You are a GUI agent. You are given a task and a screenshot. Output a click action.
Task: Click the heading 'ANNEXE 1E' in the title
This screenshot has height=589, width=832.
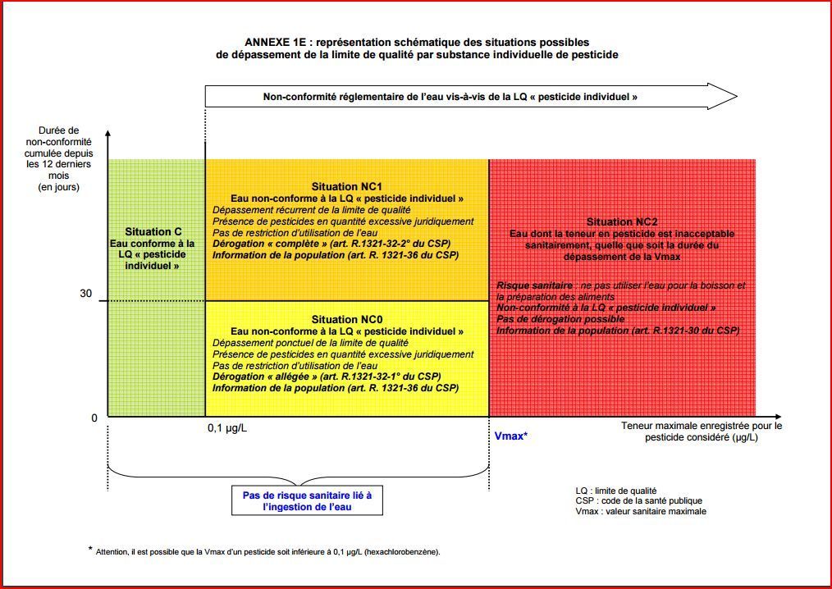click(x=279, y=42)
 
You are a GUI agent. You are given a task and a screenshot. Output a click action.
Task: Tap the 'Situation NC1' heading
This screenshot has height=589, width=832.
click(x=346, y=187)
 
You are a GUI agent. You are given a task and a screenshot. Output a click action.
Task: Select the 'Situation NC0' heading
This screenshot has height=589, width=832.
click(x=346, y=319)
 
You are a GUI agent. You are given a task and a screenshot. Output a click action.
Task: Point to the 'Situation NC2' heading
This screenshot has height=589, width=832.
click(x=621, y=222)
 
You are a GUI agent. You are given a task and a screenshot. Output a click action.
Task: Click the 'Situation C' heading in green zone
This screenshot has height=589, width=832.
click(x=153, y=232)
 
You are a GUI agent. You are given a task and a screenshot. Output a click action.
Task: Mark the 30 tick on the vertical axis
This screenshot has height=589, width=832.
click(x=85, y=294)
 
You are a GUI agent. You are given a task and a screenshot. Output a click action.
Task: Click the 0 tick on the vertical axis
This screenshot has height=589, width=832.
click(x=94, y=418)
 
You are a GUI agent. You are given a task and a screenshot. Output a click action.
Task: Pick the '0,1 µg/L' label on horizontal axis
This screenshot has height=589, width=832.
click(x=226, y=427)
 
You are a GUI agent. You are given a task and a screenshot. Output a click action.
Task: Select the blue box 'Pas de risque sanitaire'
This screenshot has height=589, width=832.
click(x=307, y=501)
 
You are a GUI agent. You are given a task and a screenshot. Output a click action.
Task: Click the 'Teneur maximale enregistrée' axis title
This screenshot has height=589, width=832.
click(x=702, y=431)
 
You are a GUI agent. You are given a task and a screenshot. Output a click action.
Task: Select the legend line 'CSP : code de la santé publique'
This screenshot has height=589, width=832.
click(x=638, y=500)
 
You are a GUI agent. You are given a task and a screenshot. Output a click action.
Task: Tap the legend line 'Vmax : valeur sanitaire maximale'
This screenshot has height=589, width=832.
click(x=641, y=511)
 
